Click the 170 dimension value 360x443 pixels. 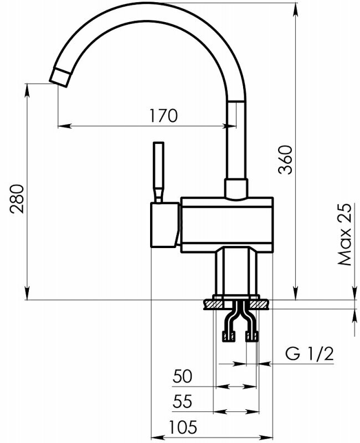pyautogui.click(x=163, y=116)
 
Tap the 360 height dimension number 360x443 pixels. pyautogui.click(x=285, y=160)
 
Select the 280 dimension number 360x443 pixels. pyautogui.click(x=16, y=199)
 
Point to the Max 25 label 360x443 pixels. pyautogui.click(x=345, y=234)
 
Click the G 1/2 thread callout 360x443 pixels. pyautogui.click(x=310, y=354)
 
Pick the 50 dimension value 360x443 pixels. pyautogui.click(x=183, y=377)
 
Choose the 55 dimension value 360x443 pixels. pyautogui.click(x=183, y=401)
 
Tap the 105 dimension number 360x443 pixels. pyautogui.click(x=183, y=427)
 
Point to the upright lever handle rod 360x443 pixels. pyautogui.click(x=158, y=172)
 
